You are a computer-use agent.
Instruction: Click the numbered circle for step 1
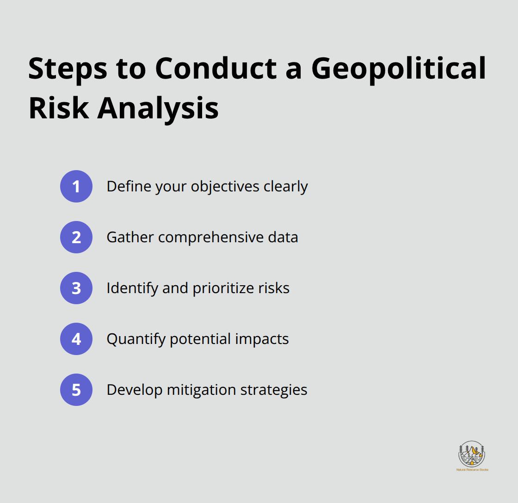(76, 186)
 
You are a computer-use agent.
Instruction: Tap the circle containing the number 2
(76, 237)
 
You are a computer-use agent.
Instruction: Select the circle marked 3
(76, 288)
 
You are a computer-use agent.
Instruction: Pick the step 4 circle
(76, 339)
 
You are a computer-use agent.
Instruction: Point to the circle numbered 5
(76, 390)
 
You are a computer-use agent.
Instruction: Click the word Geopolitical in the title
(399, 70)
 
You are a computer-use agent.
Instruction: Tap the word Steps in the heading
(68, 70)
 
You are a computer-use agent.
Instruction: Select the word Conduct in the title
(216, 69)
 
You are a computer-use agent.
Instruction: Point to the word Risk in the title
(59, 108)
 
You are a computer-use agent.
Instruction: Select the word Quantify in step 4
(136, 339)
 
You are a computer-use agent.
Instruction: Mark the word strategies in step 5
(274, 390)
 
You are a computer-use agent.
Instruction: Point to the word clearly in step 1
(286, 187)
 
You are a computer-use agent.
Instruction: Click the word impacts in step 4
(262, 339)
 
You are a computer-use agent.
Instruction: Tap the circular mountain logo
(472, 454)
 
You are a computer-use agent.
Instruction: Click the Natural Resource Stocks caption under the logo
(472, 470)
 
